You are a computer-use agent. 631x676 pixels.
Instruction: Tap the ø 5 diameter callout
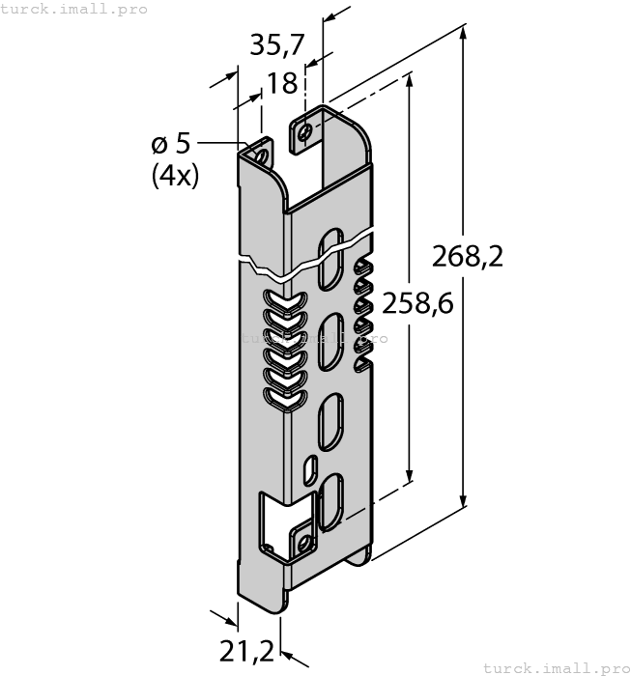[x=171, y=145]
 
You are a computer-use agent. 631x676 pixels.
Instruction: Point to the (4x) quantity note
[x=175, y=176]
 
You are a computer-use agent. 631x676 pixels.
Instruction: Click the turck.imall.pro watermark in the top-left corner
[x=74, y=9]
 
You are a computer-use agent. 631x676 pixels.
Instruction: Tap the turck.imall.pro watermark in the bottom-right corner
[x=555, y=667]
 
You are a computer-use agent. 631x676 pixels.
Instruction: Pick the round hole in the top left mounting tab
[x=260, y=155]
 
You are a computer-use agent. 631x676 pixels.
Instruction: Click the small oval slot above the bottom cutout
[x=309, y=468]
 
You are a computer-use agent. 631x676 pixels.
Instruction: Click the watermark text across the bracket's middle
[x=312, y=339]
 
